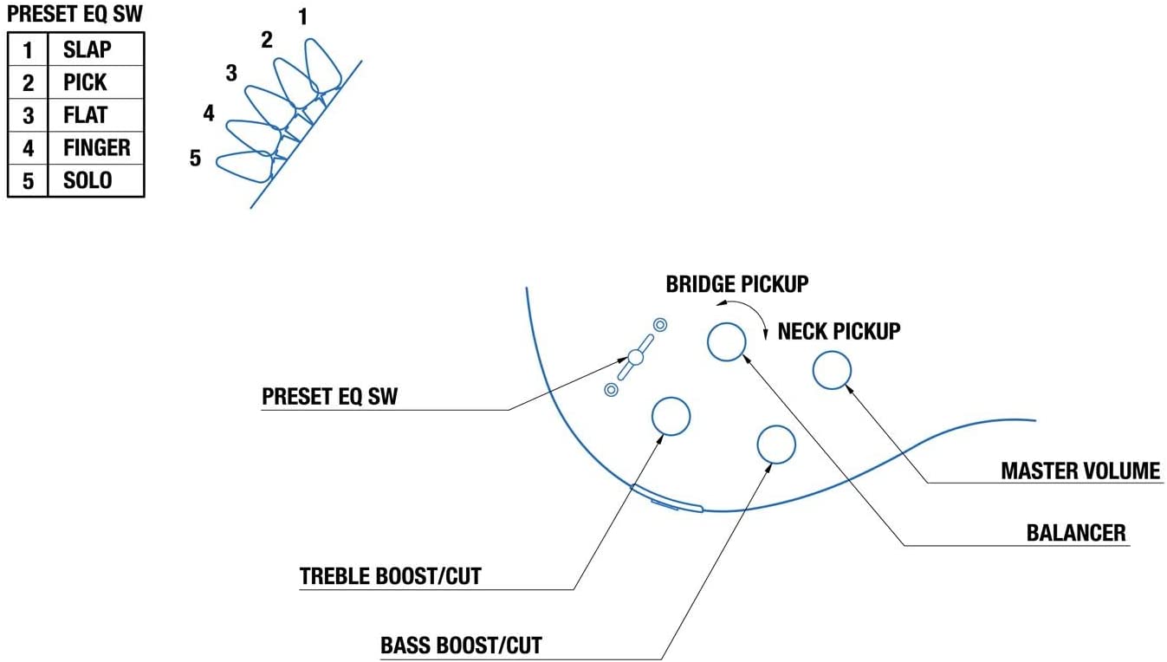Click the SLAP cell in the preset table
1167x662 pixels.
pyautogui.click(x=88, y=49)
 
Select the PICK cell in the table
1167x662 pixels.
pyautogui.click(x=85, y=82)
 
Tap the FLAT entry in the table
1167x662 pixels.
pyautogui.click(x=85, y=115)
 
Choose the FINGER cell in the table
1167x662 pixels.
pyautogui.click(x=96, y=148)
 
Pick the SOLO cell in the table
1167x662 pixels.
pyautogui.click(x=88, y=181)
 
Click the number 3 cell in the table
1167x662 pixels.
pyautogui.click(x=28, y=115)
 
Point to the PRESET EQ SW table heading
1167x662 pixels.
pyautogui.click(x=75, y=16)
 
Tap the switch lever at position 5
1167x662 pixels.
pyautogui.click(x=243, y=165)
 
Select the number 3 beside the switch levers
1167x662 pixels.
pyautogui.click(x=231, y=74)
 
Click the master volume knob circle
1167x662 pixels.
pyautogui.click(x=831, y=370)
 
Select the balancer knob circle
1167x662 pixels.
pyautogui.click(x=726, y=341)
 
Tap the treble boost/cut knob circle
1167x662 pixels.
pyautogui.click(x=671, y=416)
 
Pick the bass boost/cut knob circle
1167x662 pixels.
pyautogui.click(x=776, y=445)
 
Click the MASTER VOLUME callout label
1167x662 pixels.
pyautogui.click(x=1079, y=471)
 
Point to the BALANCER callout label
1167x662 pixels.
pyautogui.click(x=1076, y=532)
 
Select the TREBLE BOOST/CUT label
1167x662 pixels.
pyautogui.click(x=390, y=576)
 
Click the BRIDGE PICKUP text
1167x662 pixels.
pyautogui.click(x=737, y=284)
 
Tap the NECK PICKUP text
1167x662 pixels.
pyautogui.click(x=839, y=331)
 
